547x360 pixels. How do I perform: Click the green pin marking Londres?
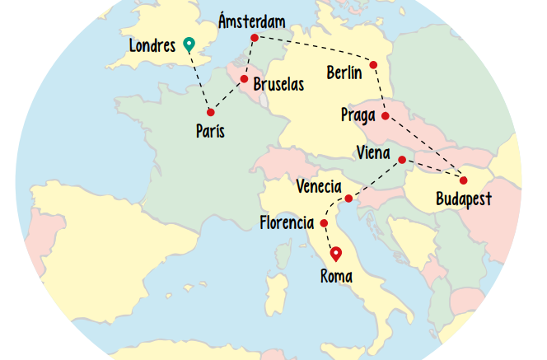point(189,44)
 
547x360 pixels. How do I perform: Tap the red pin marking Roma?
point(335,254)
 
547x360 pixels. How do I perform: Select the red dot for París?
point(211,112)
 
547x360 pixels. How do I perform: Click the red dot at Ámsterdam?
point(254,38)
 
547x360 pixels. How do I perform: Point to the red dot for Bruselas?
point(244,79)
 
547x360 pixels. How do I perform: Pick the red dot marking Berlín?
point(373,64)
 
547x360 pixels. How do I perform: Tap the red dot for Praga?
point(385,116)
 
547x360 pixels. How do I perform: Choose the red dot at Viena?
point(402,160)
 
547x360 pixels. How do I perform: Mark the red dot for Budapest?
point(463,180)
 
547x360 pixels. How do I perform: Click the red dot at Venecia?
point(348,199)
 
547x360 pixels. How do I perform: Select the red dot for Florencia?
point(324,223)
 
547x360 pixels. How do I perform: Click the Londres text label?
point(152,45)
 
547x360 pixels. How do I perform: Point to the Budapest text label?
point(464,199)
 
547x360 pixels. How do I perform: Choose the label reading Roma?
point(336,277)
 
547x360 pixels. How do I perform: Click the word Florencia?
point(286,223)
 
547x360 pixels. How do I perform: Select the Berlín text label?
point(344,72)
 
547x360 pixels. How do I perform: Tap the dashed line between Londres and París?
point(200,80)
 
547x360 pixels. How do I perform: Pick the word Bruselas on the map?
point(278,84)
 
